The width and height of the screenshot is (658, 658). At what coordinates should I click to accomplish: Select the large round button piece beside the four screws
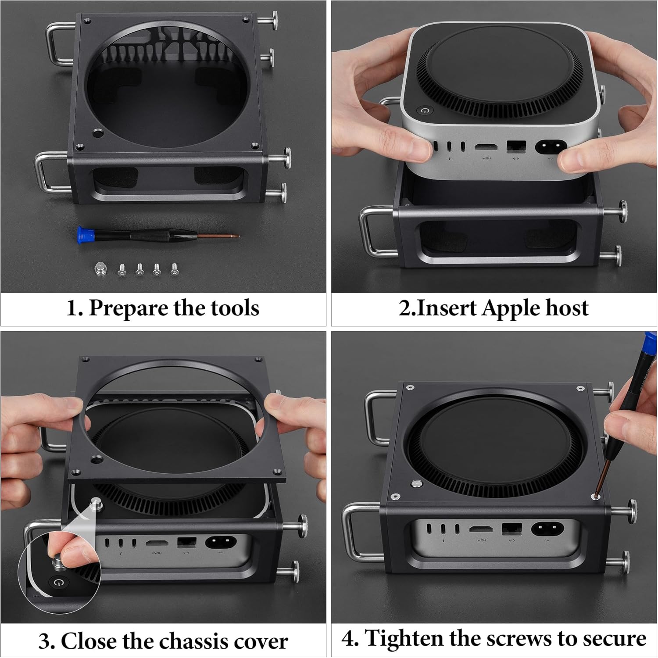(101, 269)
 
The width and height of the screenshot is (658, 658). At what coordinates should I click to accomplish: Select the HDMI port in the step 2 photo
(486, 147)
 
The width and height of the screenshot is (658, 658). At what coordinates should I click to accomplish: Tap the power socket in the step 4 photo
(547, 528)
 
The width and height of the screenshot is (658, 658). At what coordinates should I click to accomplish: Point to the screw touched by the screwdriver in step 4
(595, 497)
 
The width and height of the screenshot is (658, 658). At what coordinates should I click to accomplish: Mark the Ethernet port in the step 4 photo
(511, 529)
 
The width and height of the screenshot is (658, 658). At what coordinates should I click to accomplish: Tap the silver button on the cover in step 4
(414, 484)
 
